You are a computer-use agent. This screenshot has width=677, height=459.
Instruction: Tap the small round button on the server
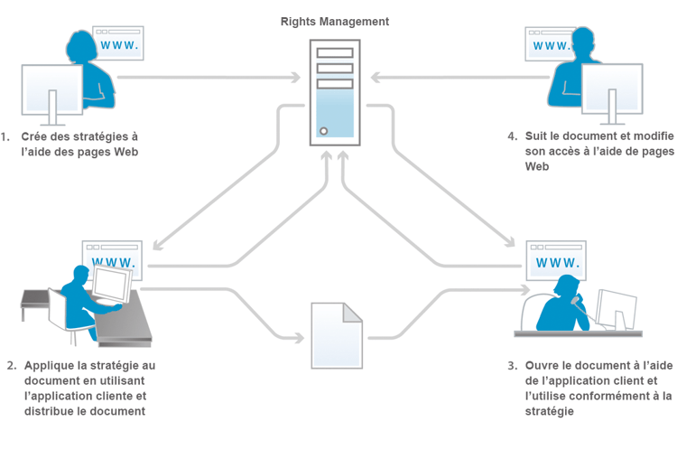point(323,131)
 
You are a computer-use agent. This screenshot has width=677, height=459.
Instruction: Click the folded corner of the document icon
point(353,311)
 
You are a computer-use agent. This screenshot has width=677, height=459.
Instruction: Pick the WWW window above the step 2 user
point(112,263)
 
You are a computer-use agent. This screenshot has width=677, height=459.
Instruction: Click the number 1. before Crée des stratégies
point(6,136)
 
